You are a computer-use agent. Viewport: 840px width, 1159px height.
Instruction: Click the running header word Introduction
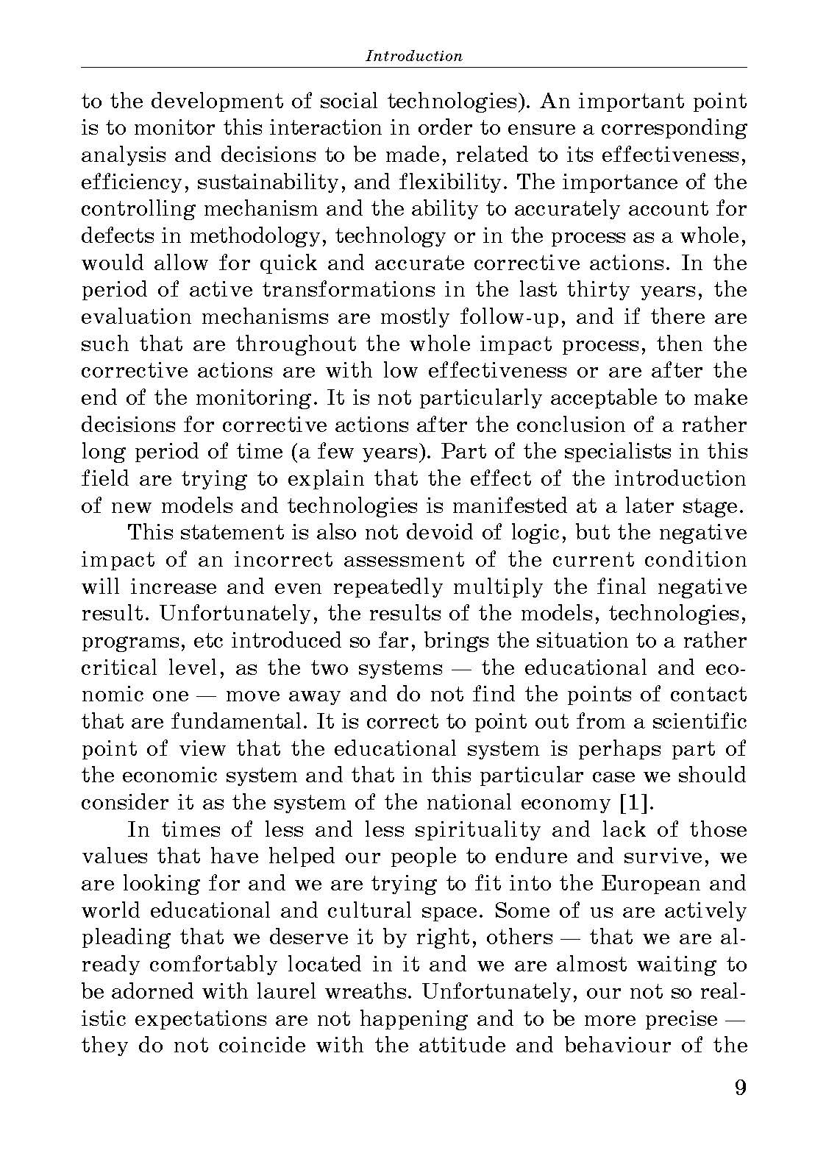[414, 56]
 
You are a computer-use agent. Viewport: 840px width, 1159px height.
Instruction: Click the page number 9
[740, 1088]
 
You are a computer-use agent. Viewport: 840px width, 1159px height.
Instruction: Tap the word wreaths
[371, 992]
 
